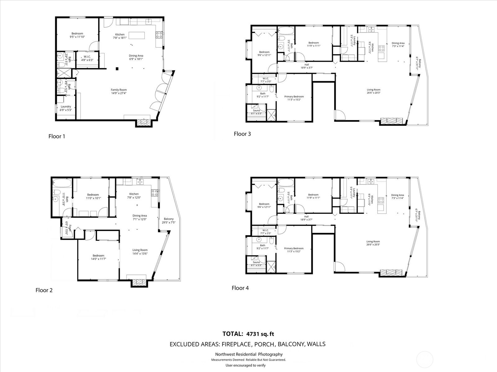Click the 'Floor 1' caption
57,136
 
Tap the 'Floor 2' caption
44,290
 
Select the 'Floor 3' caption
242,134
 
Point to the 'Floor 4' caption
240,288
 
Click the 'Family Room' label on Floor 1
119,90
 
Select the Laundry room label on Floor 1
66,107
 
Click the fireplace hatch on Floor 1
144,122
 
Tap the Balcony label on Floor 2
169,219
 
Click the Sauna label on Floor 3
256,110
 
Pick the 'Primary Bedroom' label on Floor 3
294,96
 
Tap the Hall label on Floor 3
307,65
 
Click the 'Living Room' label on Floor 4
373,241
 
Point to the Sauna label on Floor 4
256,262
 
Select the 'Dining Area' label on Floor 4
397,195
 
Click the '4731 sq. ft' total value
260,334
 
